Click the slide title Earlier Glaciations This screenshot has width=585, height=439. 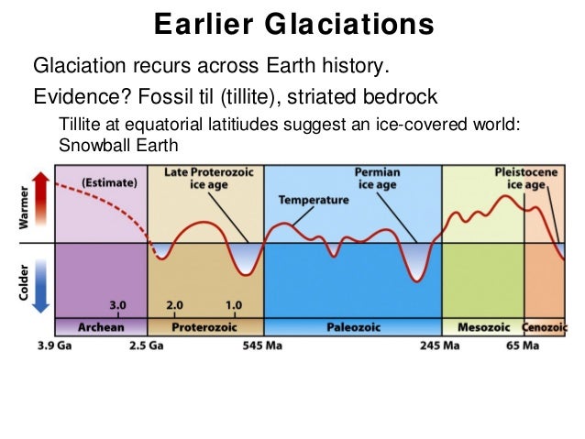[x=292, y=25]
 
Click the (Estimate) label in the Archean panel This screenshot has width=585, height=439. [x=109, y=181]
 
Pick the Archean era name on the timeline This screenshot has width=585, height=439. [x=101, y=327]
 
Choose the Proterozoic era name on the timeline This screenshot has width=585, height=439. [x=205, y=327]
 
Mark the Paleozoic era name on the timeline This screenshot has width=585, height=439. [x=353, y=327]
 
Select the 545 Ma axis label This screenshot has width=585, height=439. [x=264, y=346]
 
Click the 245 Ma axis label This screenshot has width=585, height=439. [x=441, y=346]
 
